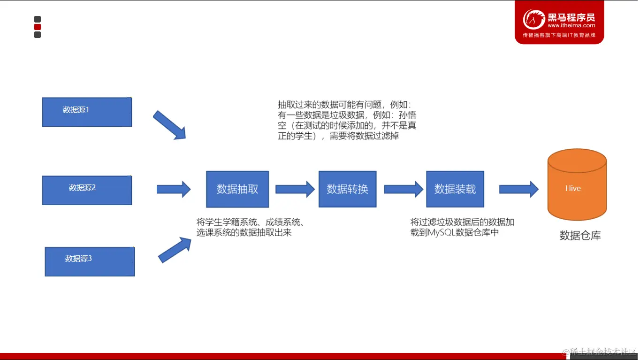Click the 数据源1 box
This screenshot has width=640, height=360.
[87, 112]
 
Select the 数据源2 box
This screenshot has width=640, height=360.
[87, 190]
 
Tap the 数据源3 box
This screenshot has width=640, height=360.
[90, 261]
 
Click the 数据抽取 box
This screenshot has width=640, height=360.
[237, 189]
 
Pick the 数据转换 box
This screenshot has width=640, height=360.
[347, 189]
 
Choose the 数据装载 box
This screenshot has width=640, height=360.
[455, 189]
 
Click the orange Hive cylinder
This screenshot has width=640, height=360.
[577, 188]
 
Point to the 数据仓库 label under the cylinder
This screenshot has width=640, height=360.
[580, 236]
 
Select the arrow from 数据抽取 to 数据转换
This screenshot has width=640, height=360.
[295, 189]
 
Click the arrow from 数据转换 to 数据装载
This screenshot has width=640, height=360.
[403, 189]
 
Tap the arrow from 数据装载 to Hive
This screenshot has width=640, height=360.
[518, 189]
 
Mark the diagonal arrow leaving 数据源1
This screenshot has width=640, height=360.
[169, 125]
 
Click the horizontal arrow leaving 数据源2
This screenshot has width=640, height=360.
[173, 189]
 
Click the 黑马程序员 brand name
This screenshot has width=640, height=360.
[571, 17]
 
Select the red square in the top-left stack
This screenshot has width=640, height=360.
[38, 27]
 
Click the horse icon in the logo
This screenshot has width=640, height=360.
[534, 20]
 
